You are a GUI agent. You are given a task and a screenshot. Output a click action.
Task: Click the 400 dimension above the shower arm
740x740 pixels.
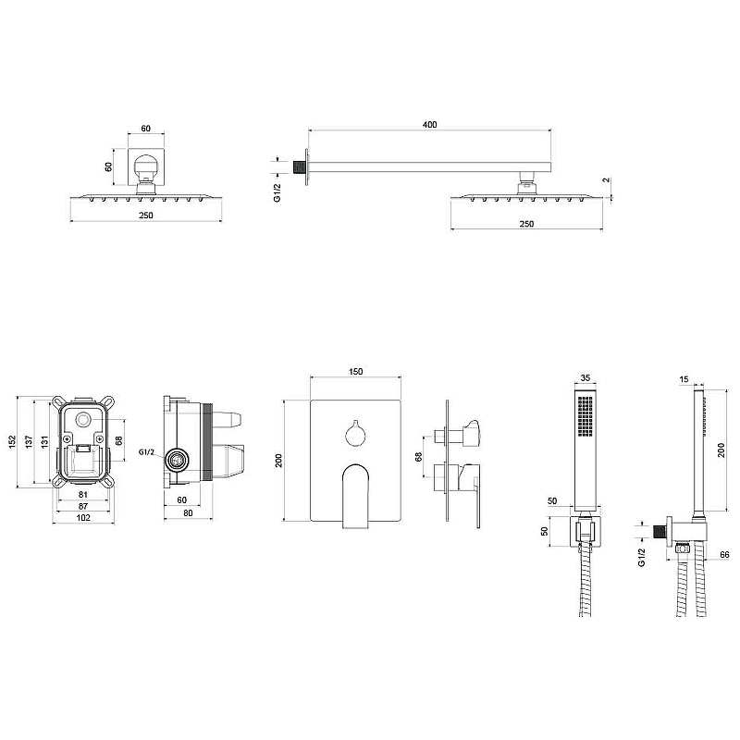pos(429,125)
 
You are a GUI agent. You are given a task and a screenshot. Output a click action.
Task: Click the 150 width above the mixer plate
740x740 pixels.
pos(356,372)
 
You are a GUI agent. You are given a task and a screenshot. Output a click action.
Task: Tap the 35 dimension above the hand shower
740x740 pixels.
pos(585,377)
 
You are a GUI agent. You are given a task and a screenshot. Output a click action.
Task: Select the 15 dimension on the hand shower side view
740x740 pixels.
pos(683,377)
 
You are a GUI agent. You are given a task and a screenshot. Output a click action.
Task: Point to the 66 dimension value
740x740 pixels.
pos(724,555)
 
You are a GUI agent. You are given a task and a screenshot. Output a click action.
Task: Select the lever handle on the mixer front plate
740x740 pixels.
pos(355,495)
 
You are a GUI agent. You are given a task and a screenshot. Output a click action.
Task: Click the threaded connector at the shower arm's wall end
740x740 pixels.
pos(299,166)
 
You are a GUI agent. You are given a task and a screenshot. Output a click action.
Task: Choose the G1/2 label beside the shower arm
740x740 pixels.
pos(277,192)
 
